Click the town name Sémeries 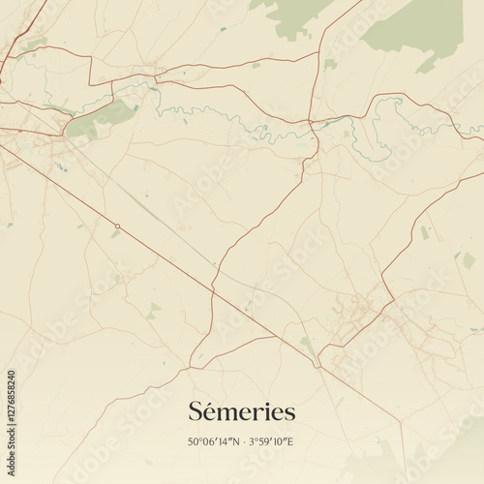point(242,412)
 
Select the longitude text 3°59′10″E point(271,442)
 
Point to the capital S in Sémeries point(196,412)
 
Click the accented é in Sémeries point(210,412)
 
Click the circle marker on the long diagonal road point(117,227)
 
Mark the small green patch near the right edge point(469,260)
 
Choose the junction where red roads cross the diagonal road point(213,287)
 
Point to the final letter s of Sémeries point(289,413)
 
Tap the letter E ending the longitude point(290,442)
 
